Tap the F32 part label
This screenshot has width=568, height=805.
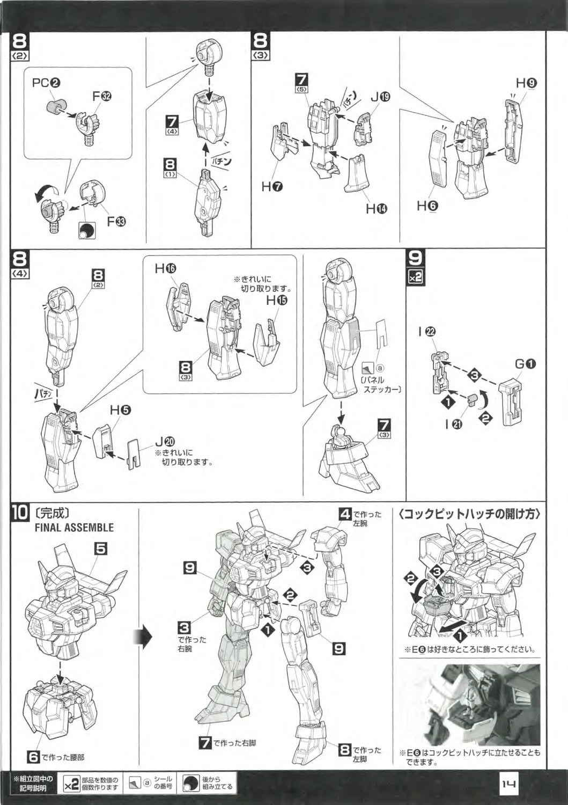(101, 97)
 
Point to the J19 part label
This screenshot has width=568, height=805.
(380, 97)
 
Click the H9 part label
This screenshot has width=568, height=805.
(526, 83)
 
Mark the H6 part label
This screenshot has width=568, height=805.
(427, 205)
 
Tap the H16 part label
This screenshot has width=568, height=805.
(165, 268)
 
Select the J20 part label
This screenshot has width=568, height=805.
(164, 442)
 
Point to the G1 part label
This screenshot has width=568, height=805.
(526, 364)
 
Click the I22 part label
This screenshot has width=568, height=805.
(427, 332)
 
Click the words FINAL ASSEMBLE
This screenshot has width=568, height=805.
(74, 527)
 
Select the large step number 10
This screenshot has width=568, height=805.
(19, 513)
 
